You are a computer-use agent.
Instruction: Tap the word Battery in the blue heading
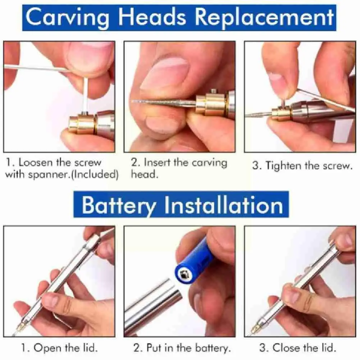tap(119, 205)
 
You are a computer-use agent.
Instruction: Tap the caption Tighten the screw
tap(301, 166)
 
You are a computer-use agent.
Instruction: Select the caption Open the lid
tap(60, 348)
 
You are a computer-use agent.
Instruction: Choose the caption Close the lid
tap(298, 348)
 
